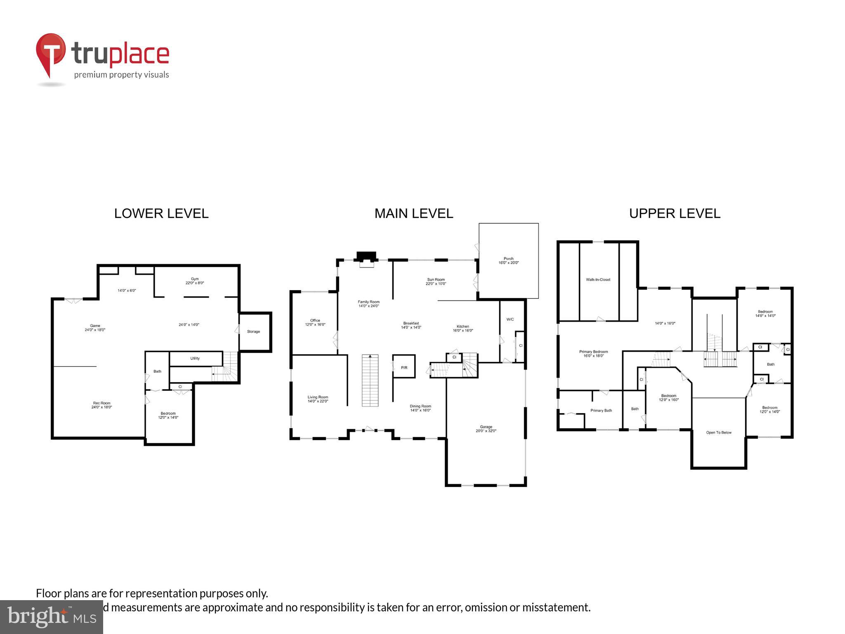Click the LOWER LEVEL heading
click(161, 213)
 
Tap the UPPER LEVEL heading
click(675, 213)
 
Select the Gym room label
click(195, 279)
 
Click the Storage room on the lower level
click(253, 331)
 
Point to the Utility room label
click(195, 358)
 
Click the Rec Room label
click(101, 403)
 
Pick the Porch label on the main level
click(508, 259)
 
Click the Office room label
click(315, 320)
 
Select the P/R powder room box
click(404, 367)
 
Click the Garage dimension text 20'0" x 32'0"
click(486, 431)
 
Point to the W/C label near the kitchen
click(510, 319)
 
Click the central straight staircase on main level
click(370, 380)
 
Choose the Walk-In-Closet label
click(598, 279)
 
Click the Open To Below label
click(719, 433)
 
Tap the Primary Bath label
click(601, 410)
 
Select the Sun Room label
click(436, 279)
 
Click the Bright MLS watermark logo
click(51, 617)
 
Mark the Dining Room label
click(420, 406)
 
